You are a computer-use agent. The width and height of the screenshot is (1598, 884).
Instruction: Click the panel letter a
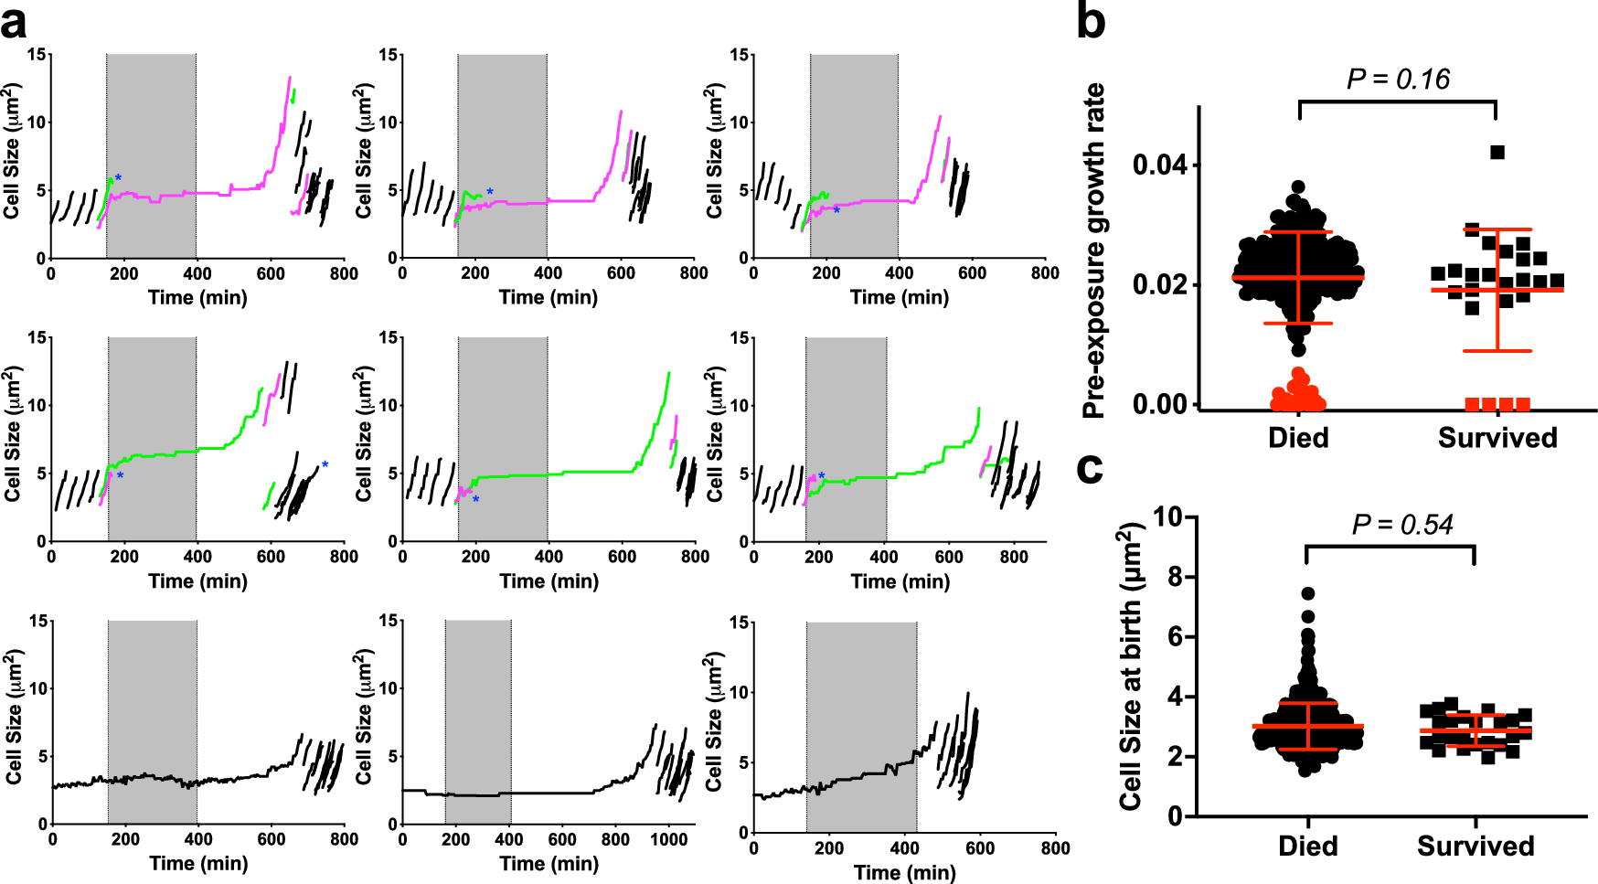[15, 23]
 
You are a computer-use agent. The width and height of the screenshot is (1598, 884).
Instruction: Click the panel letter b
[1091, 23]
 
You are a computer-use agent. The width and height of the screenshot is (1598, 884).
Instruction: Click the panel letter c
[1090, 469]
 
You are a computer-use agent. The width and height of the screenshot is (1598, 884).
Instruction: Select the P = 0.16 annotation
[1398, 80]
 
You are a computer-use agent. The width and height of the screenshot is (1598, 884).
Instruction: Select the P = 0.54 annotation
[1401, 525]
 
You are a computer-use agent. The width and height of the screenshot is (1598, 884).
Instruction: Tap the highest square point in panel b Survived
[1497, 153]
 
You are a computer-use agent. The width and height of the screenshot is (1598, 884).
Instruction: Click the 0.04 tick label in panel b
[1159, 165]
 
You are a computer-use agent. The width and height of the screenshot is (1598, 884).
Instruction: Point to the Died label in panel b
[1298, 438]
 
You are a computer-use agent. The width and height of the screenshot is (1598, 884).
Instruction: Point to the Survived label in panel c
[1475, 847]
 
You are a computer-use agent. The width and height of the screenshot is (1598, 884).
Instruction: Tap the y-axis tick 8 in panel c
[1175, 577]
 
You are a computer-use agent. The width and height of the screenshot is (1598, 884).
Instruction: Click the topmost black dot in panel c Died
[1308, 594]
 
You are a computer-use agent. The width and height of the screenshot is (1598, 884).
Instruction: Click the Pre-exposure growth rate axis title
[1094, 251]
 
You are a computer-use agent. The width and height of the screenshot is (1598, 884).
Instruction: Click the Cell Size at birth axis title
[1131, 667]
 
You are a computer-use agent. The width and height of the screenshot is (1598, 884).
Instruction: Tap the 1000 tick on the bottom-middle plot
[668, 840]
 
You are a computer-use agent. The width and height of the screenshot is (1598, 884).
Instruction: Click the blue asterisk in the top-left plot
[118, 177]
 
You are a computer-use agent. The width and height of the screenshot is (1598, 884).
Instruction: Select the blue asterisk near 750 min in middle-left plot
[325, 464]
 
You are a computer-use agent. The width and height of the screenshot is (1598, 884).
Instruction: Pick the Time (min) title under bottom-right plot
[904, 873]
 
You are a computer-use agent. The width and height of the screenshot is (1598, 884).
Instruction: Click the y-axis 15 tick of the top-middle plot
[388, 55]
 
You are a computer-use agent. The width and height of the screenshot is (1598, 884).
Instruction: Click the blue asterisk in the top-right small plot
[836, 210]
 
